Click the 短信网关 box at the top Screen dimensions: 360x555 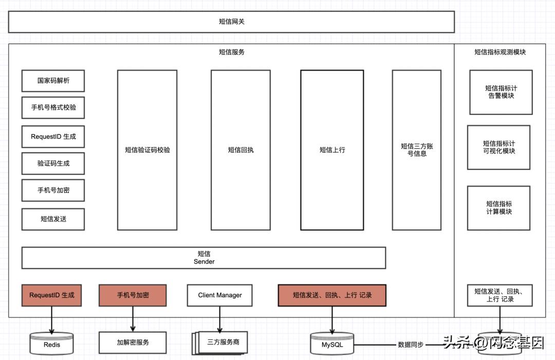pyautogui.click(x=231, y=22)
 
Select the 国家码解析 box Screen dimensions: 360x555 pyautogui.click(x=53, y=81)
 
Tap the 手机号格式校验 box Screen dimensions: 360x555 pyautogui.click(x=53, y=107)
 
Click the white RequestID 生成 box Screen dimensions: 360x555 pyautogui.click(x=53, y=137)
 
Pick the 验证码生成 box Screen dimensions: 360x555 pyautogui.click(x=53, y=163)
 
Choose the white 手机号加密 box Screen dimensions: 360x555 pyautogui.click(x=53, y=190)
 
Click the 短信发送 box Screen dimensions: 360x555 pyautogui.click(x=53, y=219)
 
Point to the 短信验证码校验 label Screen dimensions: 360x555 pyautogui.click(x=147, y=150)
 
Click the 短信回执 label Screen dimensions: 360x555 pyautogui.click(x=240, y=150)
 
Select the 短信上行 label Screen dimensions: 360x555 pyautogui.click(x=332, y=150)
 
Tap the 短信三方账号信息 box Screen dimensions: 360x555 pyautogui.click(x=416, y=149)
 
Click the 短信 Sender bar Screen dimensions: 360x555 pyautogui.click(x=203, y=258)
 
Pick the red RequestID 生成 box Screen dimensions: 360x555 pyautogui.click(x=51, y=295)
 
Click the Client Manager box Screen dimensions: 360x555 pyautogui.click(x=219, y=295)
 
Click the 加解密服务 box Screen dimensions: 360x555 pyautogui.click(x=133, y=342)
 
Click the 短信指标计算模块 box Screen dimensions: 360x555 pyautogui.click(x=498, y=207)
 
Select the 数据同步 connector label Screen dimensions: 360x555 pyautogui.click(x=411, y=345)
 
